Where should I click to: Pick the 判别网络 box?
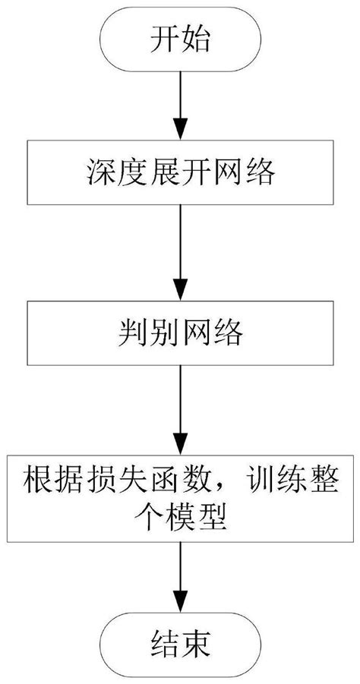pyautogui.click(x=179, y=333)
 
